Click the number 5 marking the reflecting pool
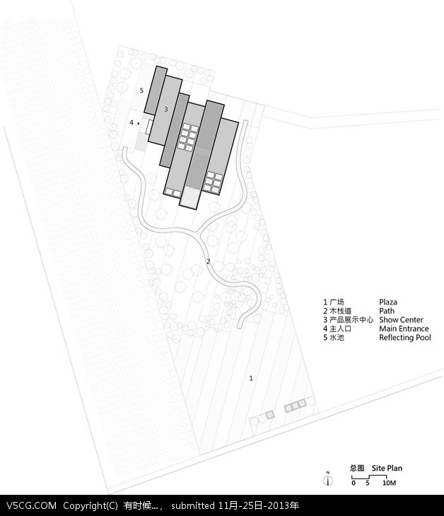pyautogui.click(x=141, y=90)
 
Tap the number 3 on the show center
pyautogui.click(x=166, y=109)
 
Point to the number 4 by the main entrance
pyautogui.click(x=132, y=123)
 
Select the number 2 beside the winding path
pyautogui.click(x=208, y=262)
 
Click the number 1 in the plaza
pyautogui.click(x=251, y=378)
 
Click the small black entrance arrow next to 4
pyautogui.click(x=139, y=124)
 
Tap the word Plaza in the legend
pyautogui.click(x=388, y=302)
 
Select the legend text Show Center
pyautogui.click(x=401, y=320)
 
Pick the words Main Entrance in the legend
pyautogui.click(x=404, y=329)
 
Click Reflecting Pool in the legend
pyautogui.click(x=405, y=338)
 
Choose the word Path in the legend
pyautogui.click(x=387, y=311)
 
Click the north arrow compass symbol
pyautogui.click(x=328, y=479)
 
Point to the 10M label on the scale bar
pyautogui.click(x=389, y=483)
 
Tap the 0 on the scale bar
pyautogui.click(x=354, y=483)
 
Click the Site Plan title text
pyautogui.click(x=387, y=468)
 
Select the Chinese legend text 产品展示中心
pyautogui.click(x=351, y=320)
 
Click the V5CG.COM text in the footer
pyautogui.click(x=31, y=505)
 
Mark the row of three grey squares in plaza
pyautogui.click(x=296, y=406)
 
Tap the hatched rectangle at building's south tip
pyautogui.click(x=190, y=197)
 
